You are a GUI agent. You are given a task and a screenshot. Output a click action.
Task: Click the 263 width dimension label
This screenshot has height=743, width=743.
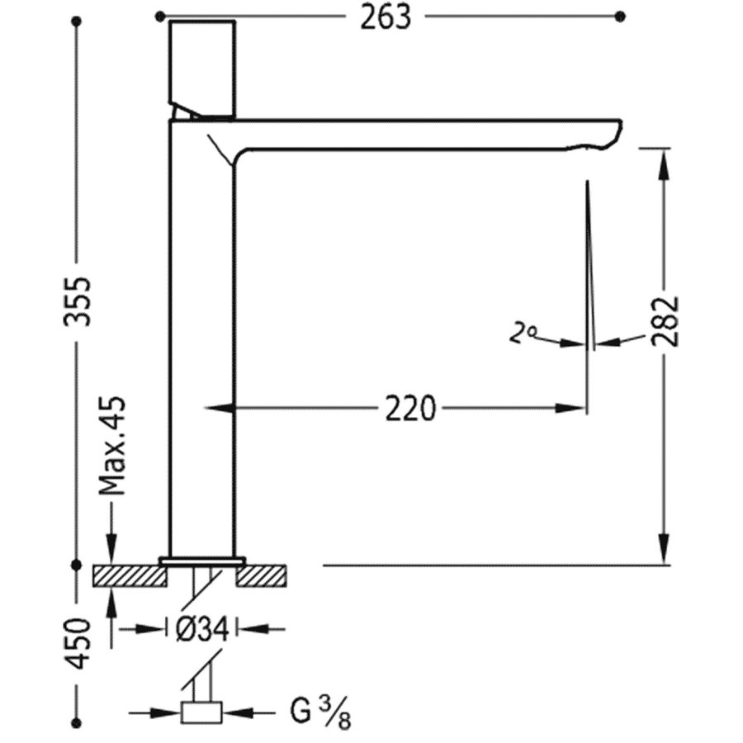(x=385, y=17)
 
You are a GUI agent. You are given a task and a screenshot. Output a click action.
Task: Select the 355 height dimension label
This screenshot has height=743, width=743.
(x=78, y=301)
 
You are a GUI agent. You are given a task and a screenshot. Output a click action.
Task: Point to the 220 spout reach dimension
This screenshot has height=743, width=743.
(x=409, y=408)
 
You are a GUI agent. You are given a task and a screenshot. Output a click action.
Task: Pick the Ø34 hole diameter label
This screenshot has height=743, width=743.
(x=202, y=630)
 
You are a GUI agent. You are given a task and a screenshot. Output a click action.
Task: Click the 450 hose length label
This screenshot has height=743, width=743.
(x=78, y=644)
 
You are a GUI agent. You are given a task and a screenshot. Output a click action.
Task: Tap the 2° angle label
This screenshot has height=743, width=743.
(x=522, y=334)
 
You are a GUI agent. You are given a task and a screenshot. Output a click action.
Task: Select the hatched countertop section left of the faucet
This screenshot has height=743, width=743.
(x=130, y=575)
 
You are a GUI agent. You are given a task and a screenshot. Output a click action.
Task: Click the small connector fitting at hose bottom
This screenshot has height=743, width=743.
(x=202, y=712)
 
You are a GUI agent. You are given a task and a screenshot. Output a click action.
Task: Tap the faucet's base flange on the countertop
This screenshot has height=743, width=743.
(x=202, y=561)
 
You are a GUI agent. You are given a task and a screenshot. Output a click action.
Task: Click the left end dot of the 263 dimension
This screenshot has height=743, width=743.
(x=159, y=15)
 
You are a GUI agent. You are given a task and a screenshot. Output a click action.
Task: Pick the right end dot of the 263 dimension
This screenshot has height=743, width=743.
(x=621, y=15)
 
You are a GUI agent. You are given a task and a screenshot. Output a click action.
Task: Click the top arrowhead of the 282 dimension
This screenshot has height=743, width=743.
(x=664, y=162)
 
